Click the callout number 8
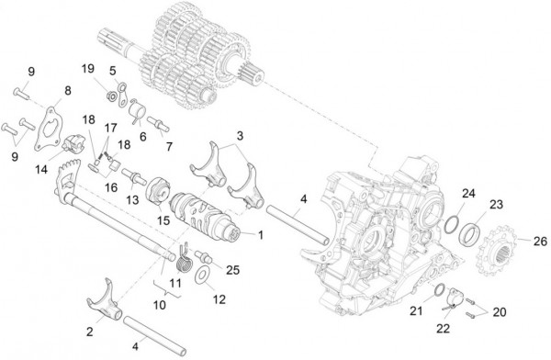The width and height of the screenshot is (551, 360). coord(65,90)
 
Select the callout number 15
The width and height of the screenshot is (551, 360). coord(165,219)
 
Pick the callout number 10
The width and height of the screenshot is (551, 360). coord(162,302)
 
